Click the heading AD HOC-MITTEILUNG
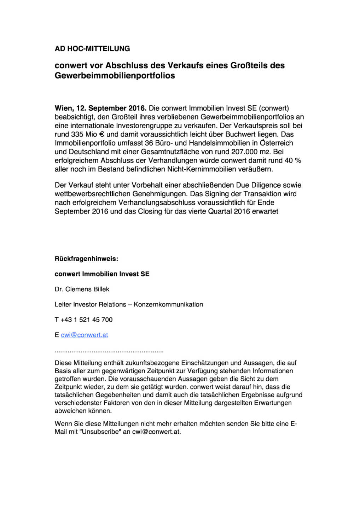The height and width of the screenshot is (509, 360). [92, 49]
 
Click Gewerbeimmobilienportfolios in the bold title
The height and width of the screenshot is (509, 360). [115, 76]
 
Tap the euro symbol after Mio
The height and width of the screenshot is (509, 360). [102, 134]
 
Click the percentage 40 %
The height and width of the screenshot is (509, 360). [293, 160]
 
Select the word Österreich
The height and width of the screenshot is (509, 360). [276, 143]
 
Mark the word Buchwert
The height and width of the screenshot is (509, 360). [240, 134]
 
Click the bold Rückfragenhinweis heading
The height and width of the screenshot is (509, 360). [86, 259]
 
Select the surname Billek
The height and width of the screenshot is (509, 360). [101, 289]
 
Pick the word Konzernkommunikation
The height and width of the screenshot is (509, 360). [168, 304]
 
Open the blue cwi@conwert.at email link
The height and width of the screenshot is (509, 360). [85, 335]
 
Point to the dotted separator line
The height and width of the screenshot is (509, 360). [109, 352]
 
